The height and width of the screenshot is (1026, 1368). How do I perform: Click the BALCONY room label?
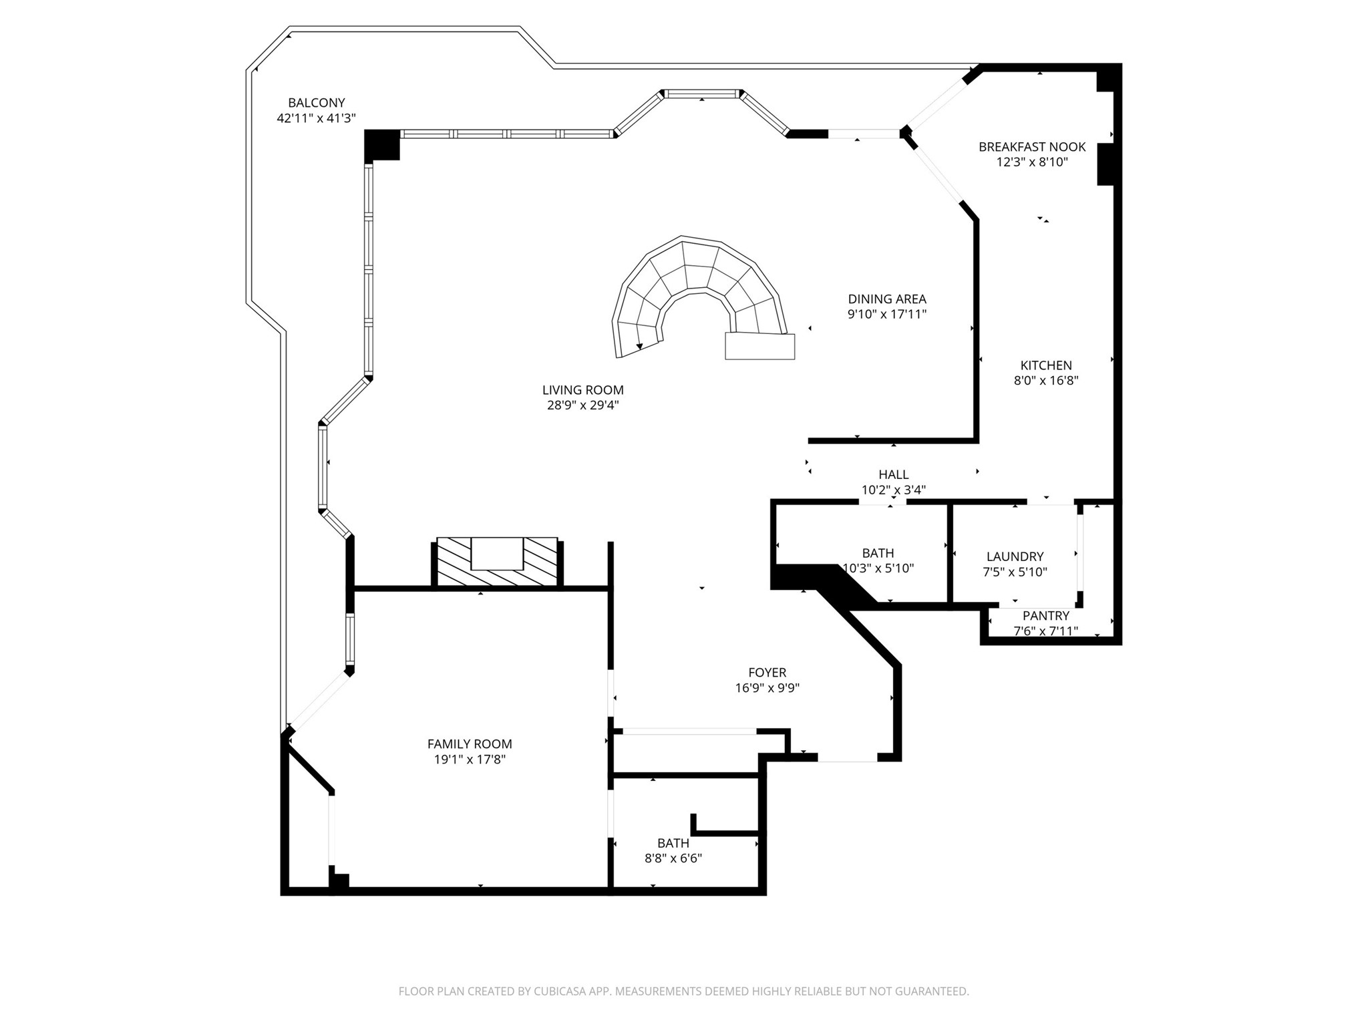[316, 103]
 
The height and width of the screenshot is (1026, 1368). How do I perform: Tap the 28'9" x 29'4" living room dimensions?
[582, 405]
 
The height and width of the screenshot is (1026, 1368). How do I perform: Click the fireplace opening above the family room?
[497, 553]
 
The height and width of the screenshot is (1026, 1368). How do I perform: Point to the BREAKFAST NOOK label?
[1032, 147]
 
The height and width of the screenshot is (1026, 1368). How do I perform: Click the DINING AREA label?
[887, 299]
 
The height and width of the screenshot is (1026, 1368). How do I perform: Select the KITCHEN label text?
[1046, 365]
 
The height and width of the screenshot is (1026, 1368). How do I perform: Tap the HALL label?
[893, 474]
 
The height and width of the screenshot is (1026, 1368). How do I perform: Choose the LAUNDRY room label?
[1015, 556]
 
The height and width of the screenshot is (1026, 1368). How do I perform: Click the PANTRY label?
[1045, 616]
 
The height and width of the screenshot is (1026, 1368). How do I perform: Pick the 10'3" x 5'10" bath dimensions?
[878, 568]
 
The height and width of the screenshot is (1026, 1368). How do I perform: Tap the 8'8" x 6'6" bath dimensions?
[673, 858]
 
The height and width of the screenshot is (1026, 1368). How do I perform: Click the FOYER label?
[767, 673]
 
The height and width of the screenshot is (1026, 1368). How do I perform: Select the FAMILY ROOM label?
[470, 744]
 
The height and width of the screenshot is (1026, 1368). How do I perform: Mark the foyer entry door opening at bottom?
[847, 758]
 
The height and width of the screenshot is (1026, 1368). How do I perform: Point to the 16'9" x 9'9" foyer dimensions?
[767, 688]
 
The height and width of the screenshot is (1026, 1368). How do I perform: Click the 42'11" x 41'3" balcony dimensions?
[316, 118]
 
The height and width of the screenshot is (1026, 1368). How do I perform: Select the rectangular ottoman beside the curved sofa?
[759, 347]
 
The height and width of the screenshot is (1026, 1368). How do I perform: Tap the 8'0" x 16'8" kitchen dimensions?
[1046, 381]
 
